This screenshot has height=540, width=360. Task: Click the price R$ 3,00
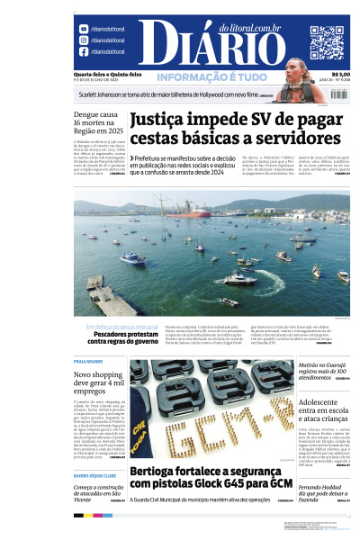(340, 76)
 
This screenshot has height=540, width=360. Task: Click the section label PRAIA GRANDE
(89, 360)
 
